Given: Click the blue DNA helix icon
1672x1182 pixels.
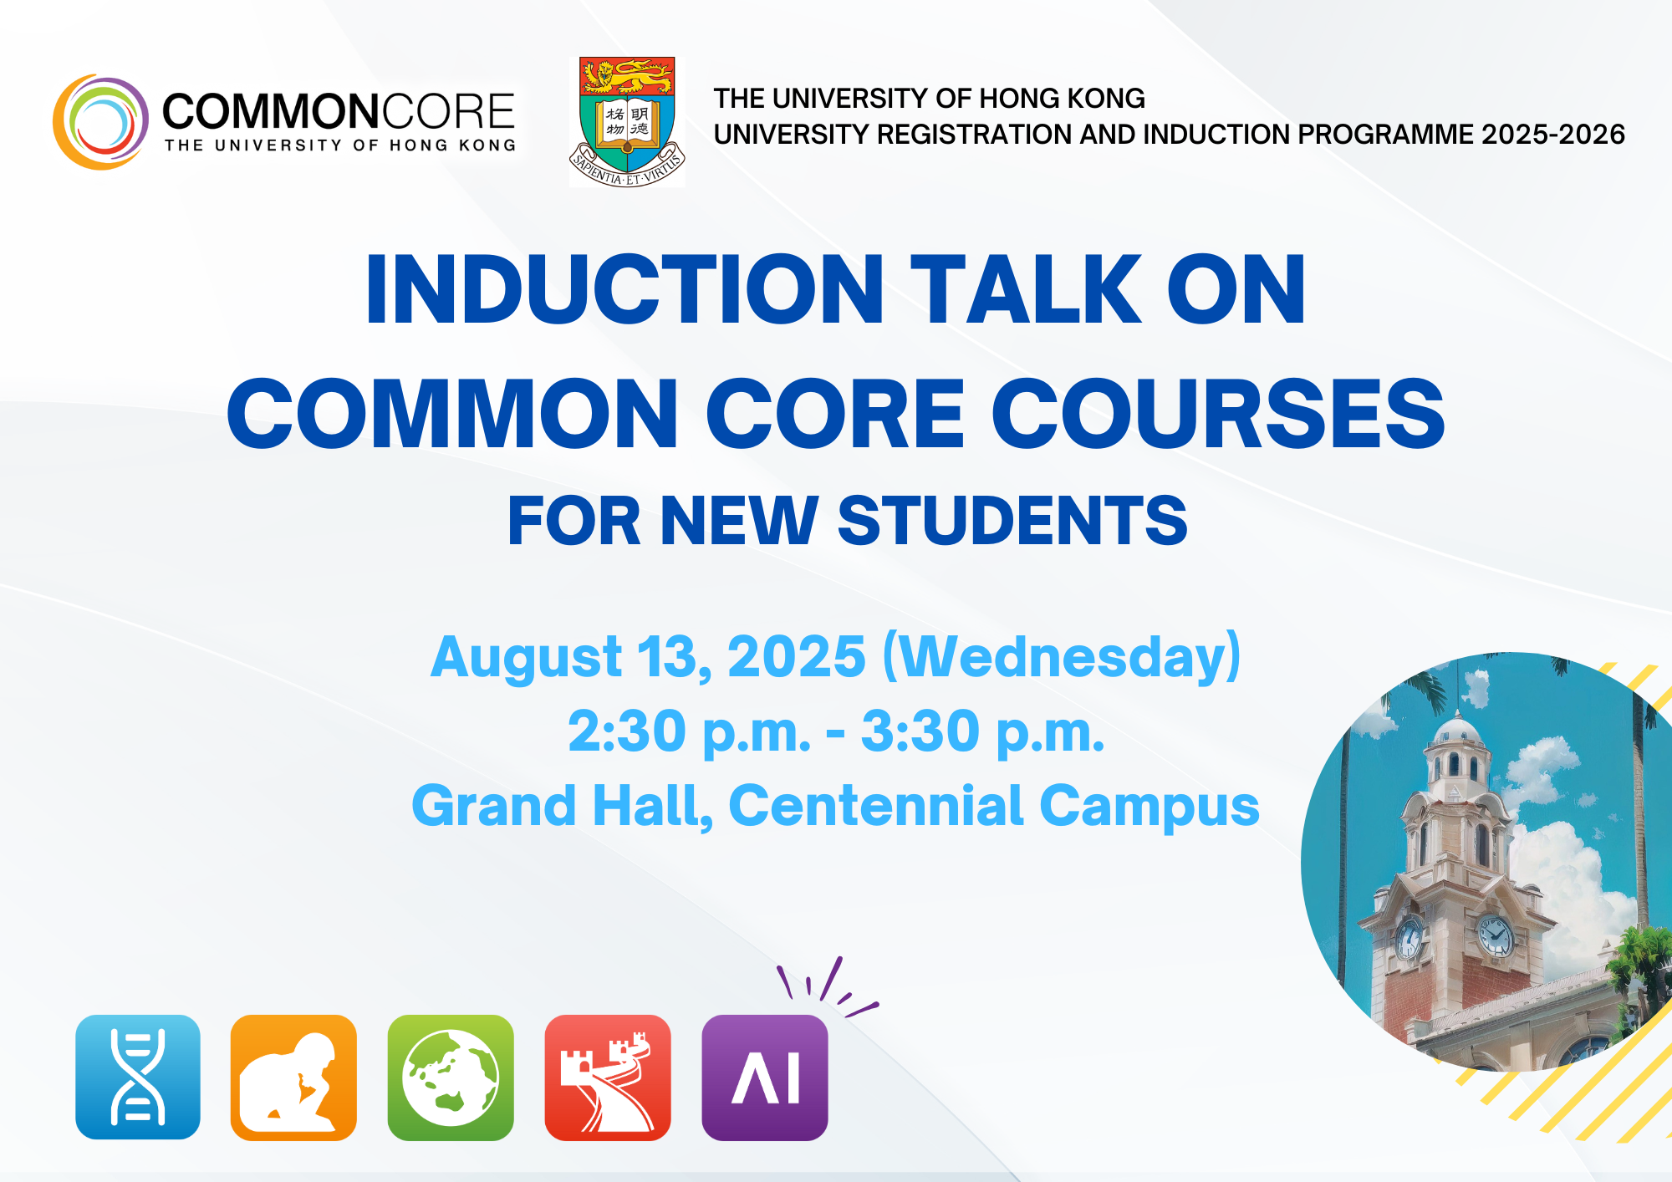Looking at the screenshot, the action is (138, 1077).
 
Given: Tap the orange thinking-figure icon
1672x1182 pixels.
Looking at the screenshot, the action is (293, 1077).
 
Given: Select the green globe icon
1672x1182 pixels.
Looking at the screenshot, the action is (451, 1077).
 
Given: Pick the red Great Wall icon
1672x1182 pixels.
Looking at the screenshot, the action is (608, 1077).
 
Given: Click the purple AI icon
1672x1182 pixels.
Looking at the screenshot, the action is (765, 1077).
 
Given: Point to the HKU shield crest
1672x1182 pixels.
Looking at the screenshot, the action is (627, 122).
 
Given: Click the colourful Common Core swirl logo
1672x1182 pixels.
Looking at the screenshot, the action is (100, 122).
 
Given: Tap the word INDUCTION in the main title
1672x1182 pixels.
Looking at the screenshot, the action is (624, 289).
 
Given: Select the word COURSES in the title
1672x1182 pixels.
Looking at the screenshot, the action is (1218, 413).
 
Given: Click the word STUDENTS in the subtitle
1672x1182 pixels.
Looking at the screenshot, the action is (1012, 520).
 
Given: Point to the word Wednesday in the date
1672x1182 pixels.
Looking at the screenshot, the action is (1062, 658).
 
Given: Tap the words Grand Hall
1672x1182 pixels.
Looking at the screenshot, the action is (563, 806).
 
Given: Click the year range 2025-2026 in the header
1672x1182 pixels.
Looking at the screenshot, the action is (1552, 134).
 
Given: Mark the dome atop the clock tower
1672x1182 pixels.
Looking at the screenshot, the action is (1457, 731).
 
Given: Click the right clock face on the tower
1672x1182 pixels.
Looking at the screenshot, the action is (1495, 935).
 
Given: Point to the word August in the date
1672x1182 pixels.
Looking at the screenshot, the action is (526, 658).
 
